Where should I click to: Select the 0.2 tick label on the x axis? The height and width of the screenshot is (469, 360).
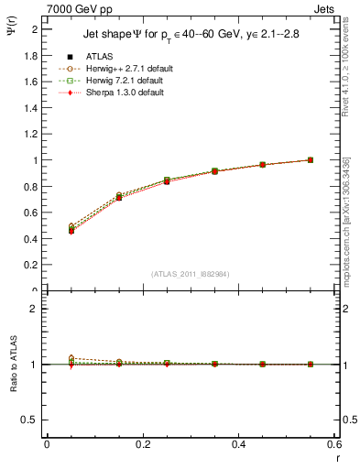click(x=143, y=445)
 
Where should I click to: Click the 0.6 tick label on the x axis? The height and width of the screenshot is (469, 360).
click(x=334, y=445)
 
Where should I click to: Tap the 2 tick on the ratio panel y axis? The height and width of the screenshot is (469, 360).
click(x=34, y=309)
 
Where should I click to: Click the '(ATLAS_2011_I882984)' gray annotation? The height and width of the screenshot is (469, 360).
click(x=189, y=273)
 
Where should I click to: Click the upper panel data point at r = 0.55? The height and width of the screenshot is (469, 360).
click(x=311, y=159)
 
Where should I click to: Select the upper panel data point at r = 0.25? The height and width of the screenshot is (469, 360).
click(x=167, y=180)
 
